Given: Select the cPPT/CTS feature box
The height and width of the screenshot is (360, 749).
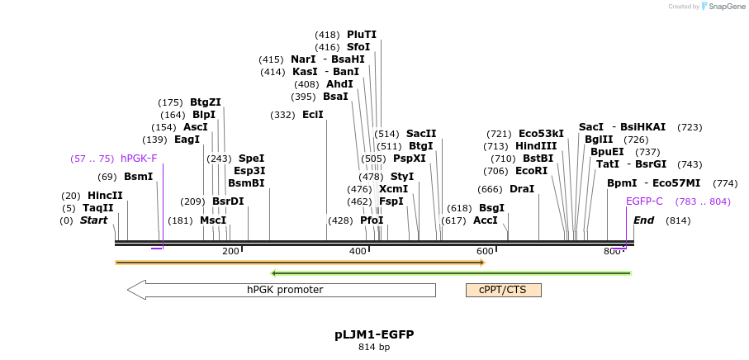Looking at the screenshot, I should [x=503, y=290].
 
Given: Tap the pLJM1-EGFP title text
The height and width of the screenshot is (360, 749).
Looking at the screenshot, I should [x=374, y=334].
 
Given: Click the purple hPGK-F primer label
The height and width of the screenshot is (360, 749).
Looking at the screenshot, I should [x=139, y=159].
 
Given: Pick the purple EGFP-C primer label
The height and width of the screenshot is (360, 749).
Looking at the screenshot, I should [x=644, y=201].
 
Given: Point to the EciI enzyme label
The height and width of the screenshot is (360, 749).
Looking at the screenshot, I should [x=313, y=115].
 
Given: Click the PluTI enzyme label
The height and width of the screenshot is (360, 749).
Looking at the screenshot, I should [x=362, y=35].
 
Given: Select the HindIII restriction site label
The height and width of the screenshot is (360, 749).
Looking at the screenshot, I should [x=536, y=146].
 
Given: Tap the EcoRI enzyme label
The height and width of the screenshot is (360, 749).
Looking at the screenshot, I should [x=531, y=171].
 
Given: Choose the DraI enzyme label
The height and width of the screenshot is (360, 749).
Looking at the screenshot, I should [x=522, y=189].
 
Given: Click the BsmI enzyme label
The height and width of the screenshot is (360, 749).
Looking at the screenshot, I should [x=138, y=177].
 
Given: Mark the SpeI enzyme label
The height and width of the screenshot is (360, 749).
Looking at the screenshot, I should [x=251, y=159].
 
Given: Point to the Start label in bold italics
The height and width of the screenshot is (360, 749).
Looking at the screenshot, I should [x=93, y=220].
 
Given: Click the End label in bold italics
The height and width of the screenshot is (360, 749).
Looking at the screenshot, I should [x=643, y=220].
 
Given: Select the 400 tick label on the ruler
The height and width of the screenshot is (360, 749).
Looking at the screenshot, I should [x=358, y=252].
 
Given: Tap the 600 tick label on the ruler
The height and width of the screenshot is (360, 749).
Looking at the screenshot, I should [x=485, y=252].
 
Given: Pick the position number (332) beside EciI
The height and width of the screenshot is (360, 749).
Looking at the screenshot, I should [x=282, y=115].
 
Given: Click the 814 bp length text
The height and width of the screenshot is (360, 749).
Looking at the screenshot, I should [x=374, y=347].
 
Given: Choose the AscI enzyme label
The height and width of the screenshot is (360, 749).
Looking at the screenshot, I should [x=196, y=127].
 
